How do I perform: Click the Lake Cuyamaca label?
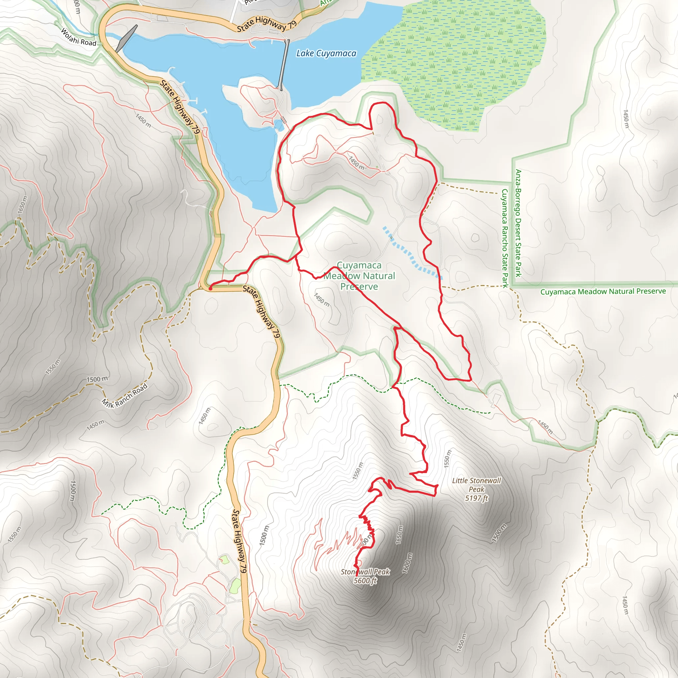[x=326, y=53]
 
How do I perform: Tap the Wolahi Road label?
[x=78, y=37]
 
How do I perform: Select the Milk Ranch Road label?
[x=124, y=396]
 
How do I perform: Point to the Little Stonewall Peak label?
[x=476, y=485]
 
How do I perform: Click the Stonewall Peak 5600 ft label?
[x=365, y=576]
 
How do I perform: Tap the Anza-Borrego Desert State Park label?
[x=518, y=223]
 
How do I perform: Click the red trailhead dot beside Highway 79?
[x=210, y=288]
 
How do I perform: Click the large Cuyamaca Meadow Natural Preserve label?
[x=359, y=275]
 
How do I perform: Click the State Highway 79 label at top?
[x=267, y=24]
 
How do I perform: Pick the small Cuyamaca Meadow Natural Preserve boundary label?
[x=603, y=291]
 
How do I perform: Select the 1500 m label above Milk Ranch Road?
[x=97, y=379]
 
